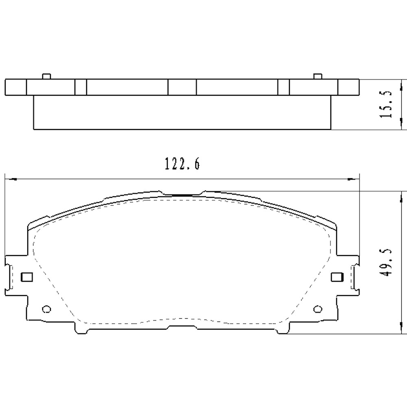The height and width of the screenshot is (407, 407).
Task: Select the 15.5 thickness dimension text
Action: pos(385,104)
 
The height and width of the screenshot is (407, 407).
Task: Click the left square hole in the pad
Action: pos(26,277)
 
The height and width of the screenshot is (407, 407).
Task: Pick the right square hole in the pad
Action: pos(337,277)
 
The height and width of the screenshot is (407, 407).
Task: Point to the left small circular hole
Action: pos(46,309)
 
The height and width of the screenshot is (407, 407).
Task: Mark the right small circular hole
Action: pos(317,309)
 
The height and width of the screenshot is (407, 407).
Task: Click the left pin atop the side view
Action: pos(46,76)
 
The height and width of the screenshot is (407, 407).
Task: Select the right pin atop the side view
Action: pos(317,76)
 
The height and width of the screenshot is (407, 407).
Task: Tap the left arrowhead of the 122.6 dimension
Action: pos(9,178)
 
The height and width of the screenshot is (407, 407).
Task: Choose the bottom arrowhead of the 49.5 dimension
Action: pos(401,330)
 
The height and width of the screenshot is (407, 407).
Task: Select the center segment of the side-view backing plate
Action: pos(182,87)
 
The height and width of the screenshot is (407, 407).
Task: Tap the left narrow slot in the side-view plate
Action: pos(81,87)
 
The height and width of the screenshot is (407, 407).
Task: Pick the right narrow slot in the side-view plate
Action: pos(283,87)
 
